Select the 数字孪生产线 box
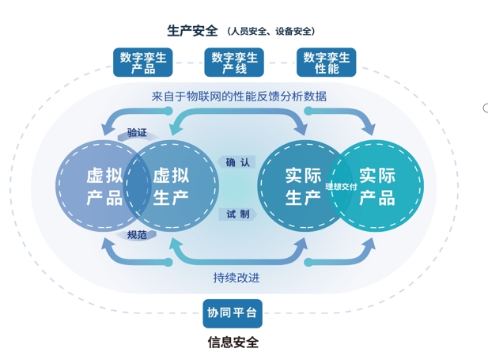(x=235, y=63)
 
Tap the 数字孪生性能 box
(x=327, y=63)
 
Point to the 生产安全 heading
(x=192, y=31)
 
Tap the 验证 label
(x=137, y=132)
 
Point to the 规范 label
(x=137, y=235)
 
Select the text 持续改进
(x=236, y=278)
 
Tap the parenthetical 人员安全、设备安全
(x=272, y=32)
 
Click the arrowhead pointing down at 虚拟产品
(x=107, y=131)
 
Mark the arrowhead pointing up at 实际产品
(x=369, y=241)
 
